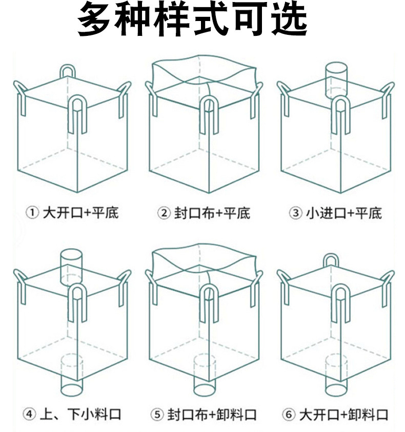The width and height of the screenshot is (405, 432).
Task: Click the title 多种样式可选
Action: click(x=192, y=20)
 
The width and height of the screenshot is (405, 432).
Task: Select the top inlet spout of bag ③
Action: click(x=336, y=79)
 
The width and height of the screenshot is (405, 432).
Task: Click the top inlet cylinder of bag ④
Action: click(x=71, y=266)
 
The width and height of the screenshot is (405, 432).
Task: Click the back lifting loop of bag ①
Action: click(x=69, y=70)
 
